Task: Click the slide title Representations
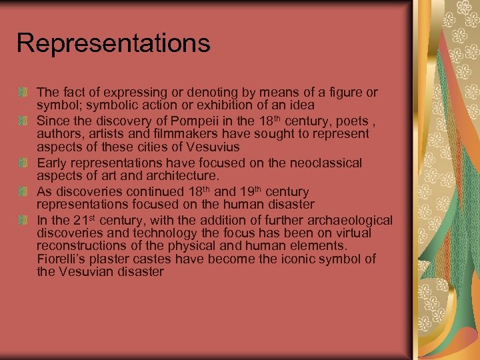(113, 43)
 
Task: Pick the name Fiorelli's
(65, 259)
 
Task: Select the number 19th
(253, 191)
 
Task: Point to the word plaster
(119, 259)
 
